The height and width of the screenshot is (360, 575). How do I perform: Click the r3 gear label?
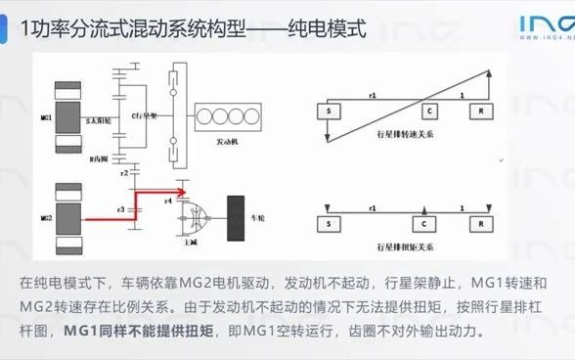point(120,208)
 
